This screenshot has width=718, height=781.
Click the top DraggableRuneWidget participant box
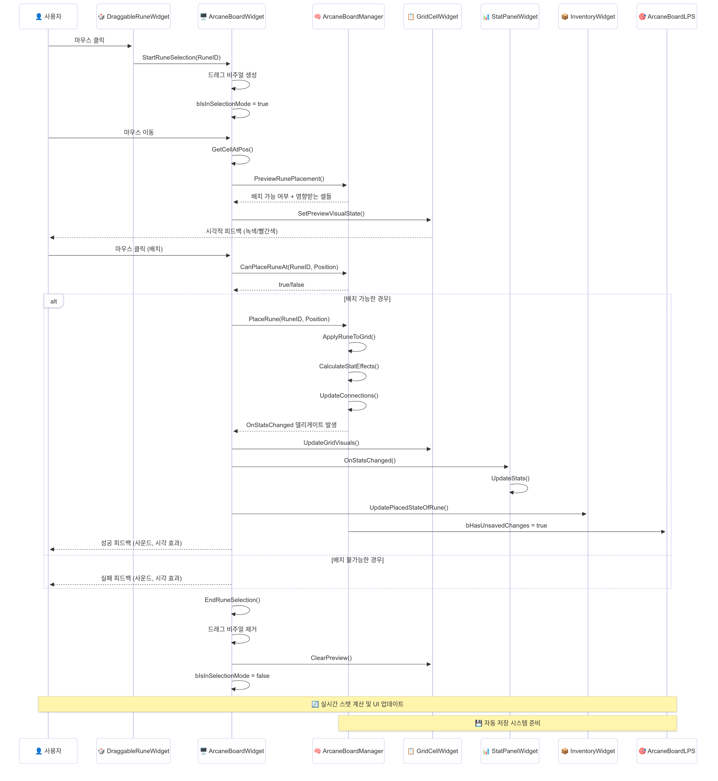[x=133, y=16]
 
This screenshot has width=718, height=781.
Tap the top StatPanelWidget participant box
[x=510, y=16]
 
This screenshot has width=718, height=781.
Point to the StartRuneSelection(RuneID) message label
[x=181, y=58]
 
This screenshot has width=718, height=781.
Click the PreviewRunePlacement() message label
[x=289, y=179]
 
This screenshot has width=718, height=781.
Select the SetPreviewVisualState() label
[x=331, y=213]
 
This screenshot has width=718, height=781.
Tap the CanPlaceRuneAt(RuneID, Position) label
[x=289, y=267]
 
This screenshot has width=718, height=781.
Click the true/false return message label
[x=291, y=285]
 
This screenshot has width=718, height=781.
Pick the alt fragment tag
[x=54, y=301]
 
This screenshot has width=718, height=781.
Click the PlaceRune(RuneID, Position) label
[x=289, y=319]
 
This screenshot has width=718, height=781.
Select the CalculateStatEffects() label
[x=349, y=366]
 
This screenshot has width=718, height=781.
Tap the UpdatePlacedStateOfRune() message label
[x=409, y=508]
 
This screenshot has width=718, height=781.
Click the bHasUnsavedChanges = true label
[x=506, y=526]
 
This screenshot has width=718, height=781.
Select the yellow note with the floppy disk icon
[x=507, y=723]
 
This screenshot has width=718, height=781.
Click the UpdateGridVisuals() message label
[x=331, y=443]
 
